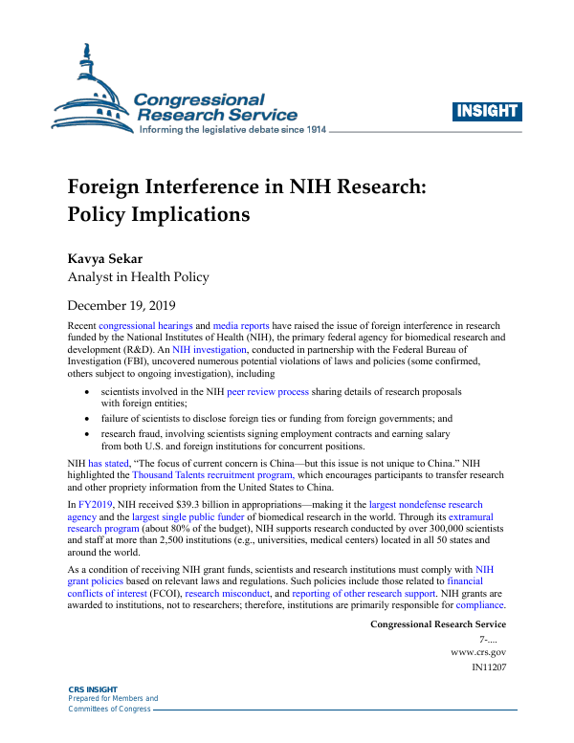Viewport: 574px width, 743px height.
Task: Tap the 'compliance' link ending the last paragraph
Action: coord(481,604)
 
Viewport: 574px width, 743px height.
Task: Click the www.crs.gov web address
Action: coord(478,651)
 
